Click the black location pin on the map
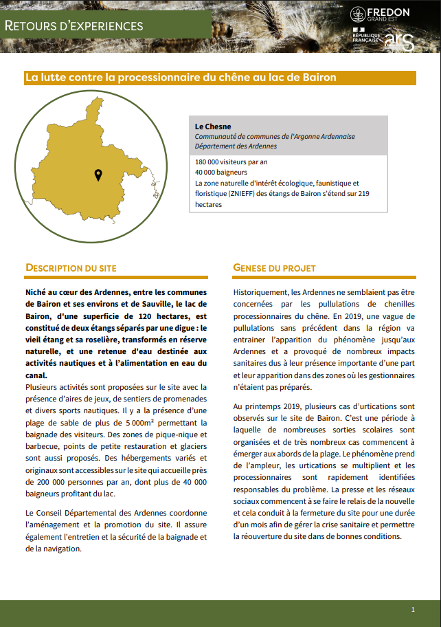98,175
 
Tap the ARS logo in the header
399,41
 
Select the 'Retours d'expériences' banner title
74,26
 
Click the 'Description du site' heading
71,267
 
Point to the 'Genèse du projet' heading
274,267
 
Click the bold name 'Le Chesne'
213,127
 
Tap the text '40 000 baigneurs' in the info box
219,173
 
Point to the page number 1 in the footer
413,609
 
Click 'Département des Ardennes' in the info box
236,146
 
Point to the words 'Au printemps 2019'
263,406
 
